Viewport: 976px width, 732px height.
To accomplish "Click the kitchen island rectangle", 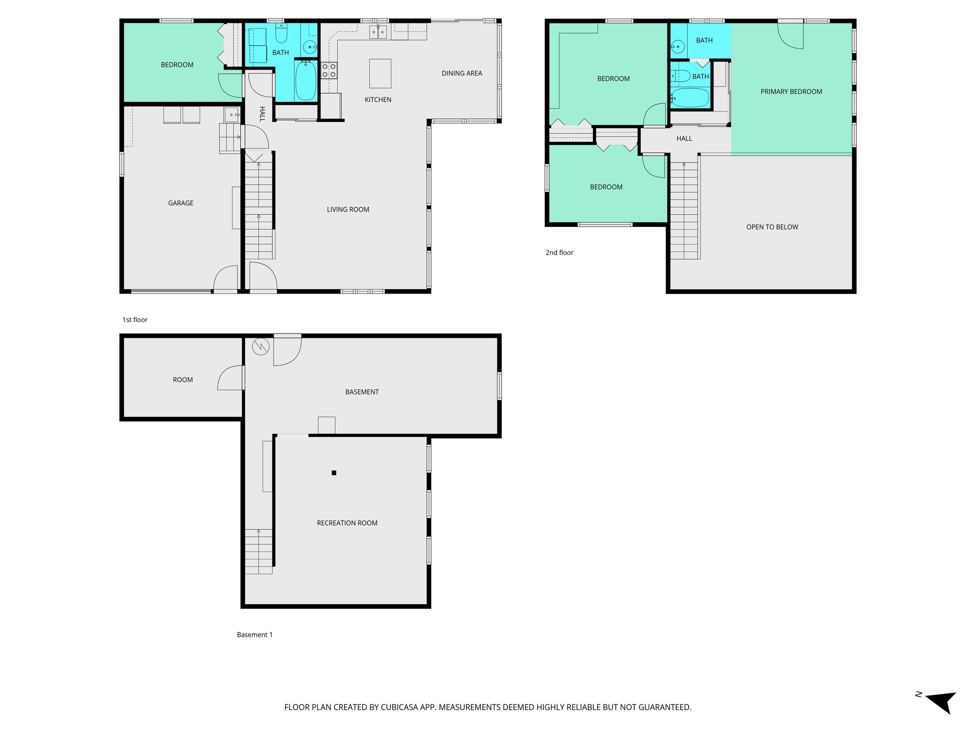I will pos(380,73).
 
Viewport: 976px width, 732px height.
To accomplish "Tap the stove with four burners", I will pos(329,71).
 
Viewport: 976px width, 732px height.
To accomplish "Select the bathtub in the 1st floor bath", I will pos(305,81).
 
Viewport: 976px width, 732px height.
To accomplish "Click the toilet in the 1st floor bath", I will pos(282,34).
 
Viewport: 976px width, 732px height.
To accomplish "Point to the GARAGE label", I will pos(181,203).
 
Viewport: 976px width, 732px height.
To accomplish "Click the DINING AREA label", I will pos(462,73).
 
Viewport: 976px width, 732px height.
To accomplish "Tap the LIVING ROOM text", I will pos(348,210).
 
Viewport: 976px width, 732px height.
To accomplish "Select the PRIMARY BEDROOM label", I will pos(791,91).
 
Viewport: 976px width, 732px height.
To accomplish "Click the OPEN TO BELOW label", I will pos(772,227).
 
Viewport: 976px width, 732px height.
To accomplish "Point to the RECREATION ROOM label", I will pos(347,523).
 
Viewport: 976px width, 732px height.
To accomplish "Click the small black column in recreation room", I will pos(334,473).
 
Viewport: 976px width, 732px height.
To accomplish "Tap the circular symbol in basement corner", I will pos(261,346).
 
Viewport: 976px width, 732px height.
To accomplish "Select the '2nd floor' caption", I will pos(559,253).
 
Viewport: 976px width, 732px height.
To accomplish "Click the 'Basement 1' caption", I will pos(254,635).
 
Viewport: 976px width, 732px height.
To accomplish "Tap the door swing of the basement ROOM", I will pos(231,378).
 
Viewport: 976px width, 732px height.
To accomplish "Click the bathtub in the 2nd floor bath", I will pos(690,98).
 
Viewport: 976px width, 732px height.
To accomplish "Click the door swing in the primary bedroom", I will pos(791,36).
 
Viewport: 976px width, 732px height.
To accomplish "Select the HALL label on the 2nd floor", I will pos(684,139).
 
